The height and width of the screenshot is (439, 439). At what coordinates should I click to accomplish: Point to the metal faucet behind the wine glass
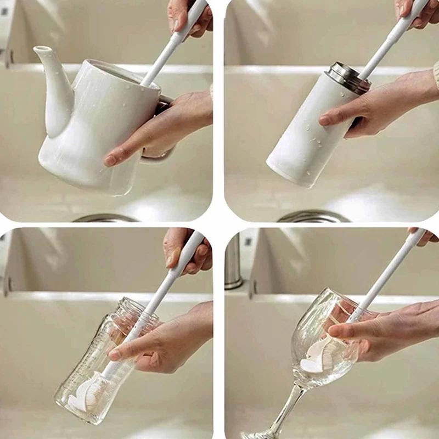234,263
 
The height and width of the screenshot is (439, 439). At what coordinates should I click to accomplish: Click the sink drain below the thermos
313,217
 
